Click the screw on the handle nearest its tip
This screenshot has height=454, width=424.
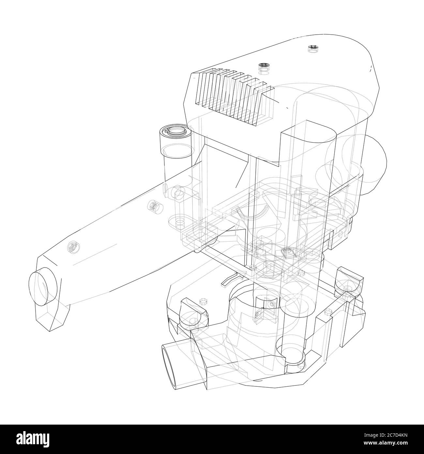pyautogui.click(x=73, y=247)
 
